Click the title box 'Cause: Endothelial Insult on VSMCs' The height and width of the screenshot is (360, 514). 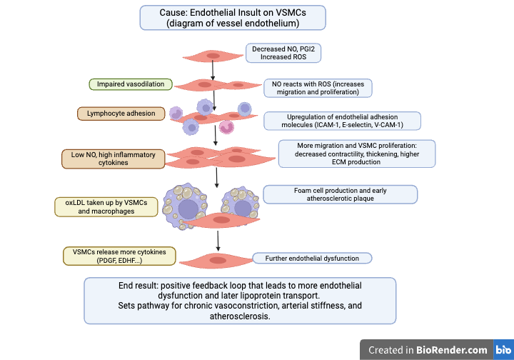[x=233, y=17]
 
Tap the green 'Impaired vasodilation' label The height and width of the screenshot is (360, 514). [x=131, y=84]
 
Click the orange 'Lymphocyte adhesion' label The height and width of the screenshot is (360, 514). [x=121, y=113]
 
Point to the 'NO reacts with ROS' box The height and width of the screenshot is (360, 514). [x=318, y=88]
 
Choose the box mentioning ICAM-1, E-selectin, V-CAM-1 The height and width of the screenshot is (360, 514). [x=342, y=121]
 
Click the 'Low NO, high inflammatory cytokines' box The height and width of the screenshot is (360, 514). [x=114, y=159]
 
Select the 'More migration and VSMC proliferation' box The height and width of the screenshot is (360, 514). [x=357, y=153]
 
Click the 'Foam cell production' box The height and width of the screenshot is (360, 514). [x=340, y=194]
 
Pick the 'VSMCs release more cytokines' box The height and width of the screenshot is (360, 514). [x=109, y=256]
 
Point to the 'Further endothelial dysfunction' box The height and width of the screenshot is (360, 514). [x=313, y=258]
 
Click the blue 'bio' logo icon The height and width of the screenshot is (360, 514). [x=503, y=350]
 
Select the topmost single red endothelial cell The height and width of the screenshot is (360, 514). [x=213, y=55]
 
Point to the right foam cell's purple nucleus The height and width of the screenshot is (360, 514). [x=244, y=206]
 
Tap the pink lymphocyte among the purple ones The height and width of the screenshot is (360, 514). [x=226, y=127]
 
